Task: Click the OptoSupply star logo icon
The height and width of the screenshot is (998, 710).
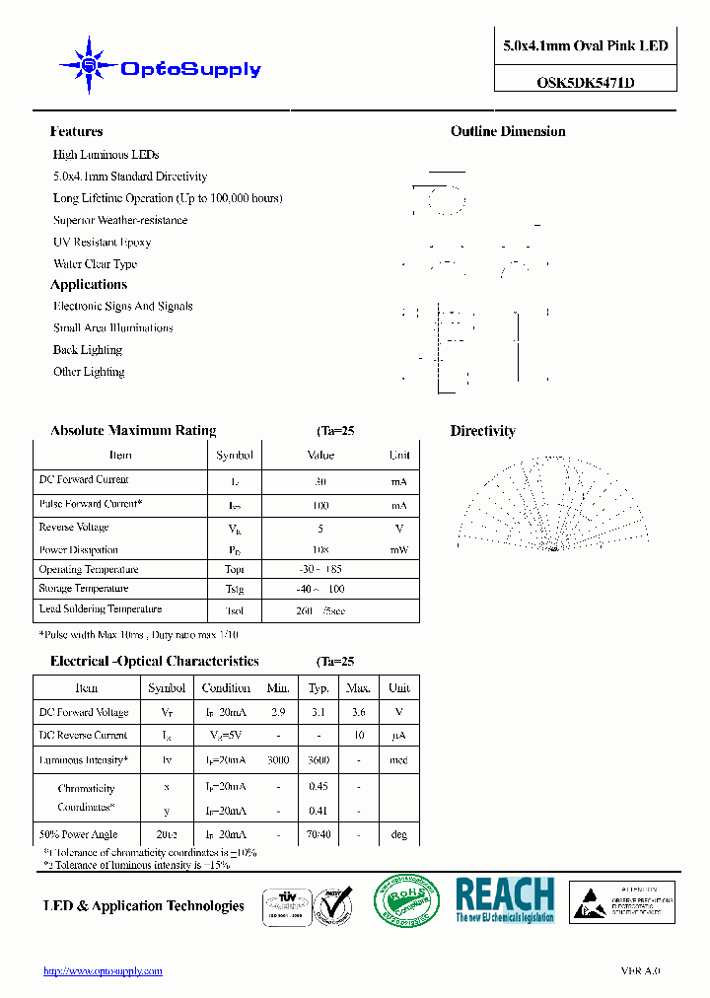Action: [89, 66]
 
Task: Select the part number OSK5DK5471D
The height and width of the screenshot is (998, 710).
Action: [585, 83]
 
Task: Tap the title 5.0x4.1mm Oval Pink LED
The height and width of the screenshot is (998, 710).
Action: [585, 45]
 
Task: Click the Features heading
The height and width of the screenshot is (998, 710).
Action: [76, 131]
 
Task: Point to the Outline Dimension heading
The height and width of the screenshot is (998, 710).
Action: [508, 131]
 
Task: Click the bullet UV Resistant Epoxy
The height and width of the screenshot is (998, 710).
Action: [102, 243]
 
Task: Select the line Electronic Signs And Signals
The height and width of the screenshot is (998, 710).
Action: [122, 307]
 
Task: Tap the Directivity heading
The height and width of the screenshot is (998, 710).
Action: [482, 431]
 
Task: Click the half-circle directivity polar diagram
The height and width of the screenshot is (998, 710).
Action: [551, 503]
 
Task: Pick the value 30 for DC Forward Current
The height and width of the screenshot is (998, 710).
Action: [319, 481]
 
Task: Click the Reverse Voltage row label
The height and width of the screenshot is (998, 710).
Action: [73, 528]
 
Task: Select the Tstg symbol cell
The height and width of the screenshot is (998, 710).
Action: [234, 589]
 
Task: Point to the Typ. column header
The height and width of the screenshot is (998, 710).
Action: [319, 687]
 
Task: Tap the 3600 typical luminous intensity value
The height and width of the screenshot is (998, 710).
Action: [319, 760]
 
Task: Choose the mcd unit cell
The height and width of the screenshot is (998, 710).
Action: [398, 760]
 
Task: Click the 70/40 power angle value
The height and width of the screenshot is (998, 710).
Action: [319, 834]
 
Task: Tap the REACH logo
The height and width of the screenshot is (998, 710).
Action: [505, 899]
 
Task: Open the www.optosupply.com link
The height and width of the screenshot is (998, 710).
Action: [103, 971]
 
